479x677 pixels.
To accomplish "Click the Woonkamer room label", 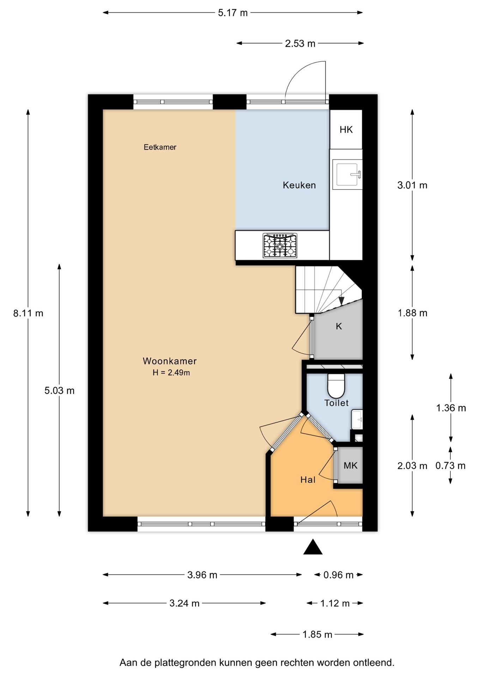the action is coord(170,361).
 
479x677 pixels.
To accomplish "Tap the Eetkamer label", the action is coord(160,147).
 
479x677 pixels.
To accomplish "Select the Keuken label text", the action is coord(299,185).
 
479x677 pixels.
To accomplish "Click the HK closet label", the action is coord(346,130).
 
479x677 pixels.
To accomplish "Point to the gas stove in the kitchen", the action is coord(280,245).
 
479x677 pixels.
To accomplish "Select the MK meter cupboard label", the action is coord(351,466).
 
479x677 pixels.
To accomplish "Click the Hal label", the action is coord(308,480).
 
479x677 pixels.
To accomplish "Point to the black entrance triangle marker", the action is coord(313,547).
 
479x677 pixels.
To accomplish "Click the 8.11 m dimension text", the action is coord(28,313).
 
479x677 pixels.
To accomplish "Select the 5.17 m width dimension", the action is coord(233,13).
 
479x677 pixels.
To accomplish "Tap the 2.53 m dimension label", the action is coord(300,43).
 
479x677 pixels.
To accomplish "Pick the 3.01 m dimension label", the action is coord(412,185).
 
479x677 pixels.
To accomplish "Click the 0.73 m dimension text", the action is coord(450,466).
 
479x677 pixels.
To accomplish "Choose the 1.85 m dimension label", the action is coord(317,635).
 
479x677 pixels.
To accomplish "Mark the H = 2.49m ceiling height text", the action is coord(171,373).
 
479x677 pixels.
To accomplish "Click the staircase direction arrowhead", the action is coord(341,301).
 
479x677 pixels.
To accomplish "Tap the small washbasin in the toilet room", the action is coord(357,419).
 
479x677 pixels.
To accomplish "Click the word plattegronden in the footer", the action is coord(186,663).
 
